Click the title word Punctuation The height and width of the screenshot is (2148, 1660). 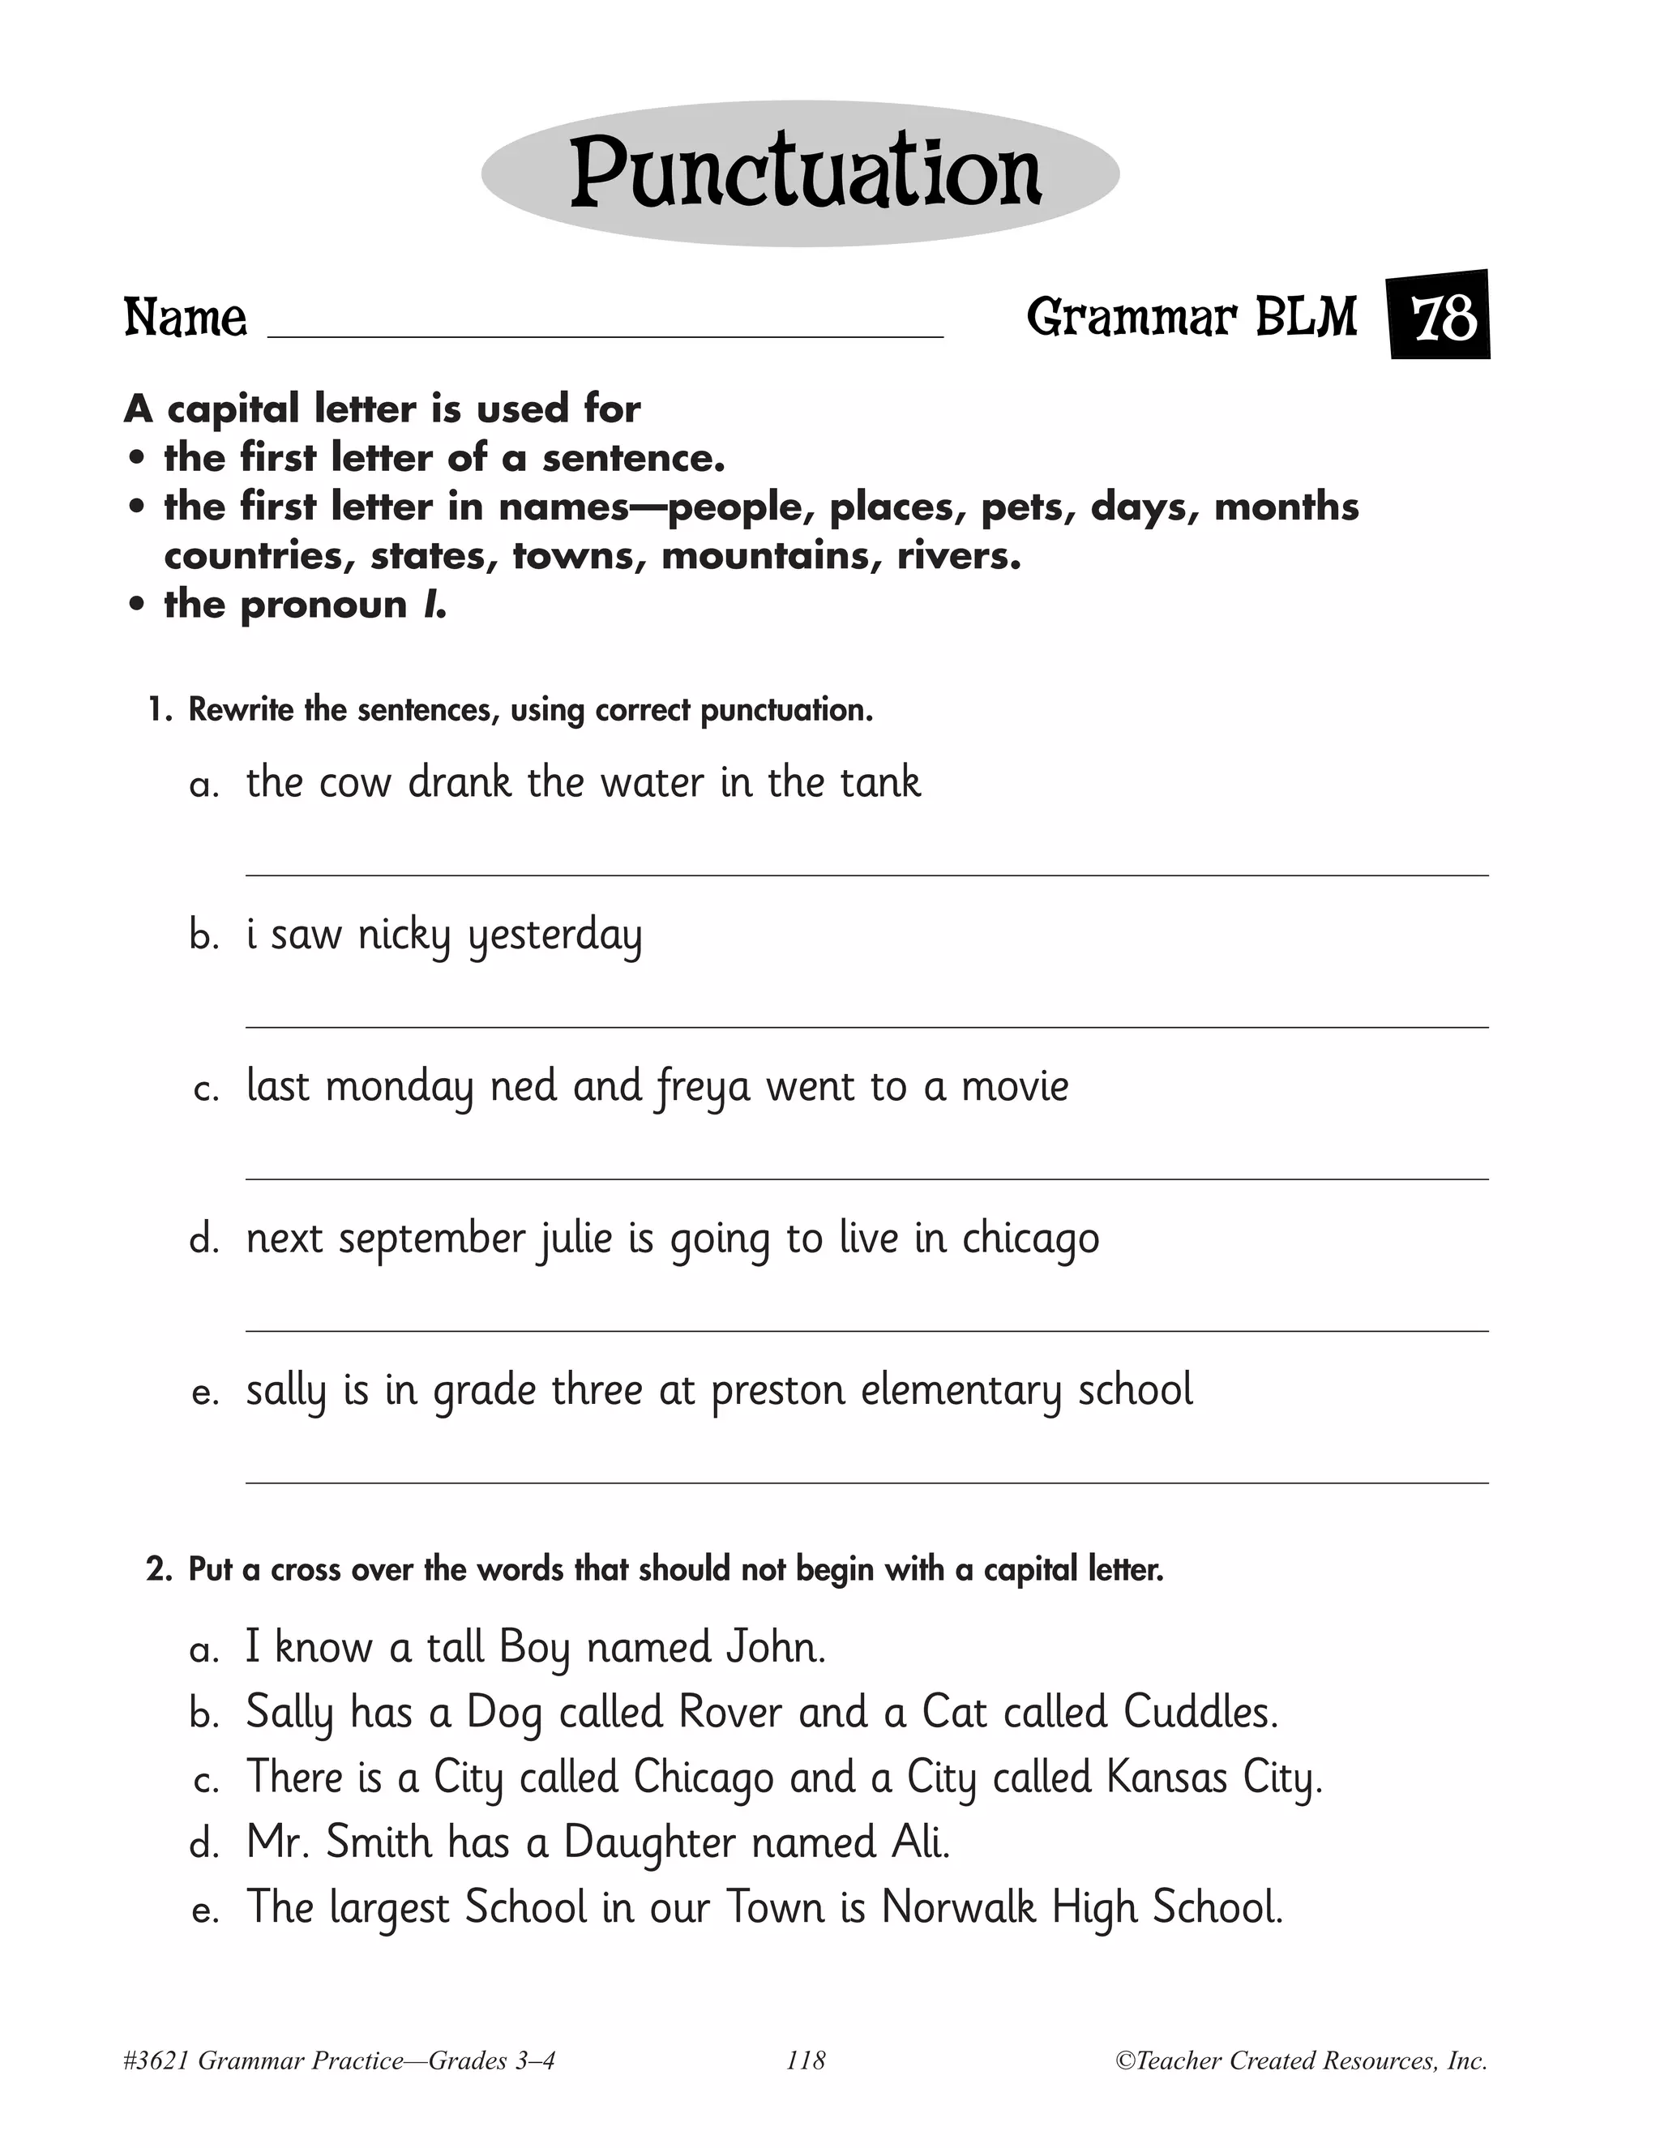[x=804, y=173]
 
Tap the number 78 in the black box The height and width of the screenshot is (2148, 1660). [x=1443, y=318]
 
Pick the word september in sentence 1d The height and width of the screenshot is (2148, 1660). [x=432, y=1239]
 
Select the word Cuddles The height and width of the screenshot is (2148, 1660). [x=1200, y=1712]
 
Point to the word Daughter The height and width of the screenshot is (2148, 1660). [x=649, y=1843]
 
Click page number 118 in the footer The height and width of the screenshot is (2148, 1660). [x=806, y=2060]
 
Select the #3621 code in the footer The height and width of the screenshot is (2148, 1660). [x=156, y=2060]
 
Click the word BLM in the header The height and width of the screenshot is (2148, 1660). [x=1306, y=318]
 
